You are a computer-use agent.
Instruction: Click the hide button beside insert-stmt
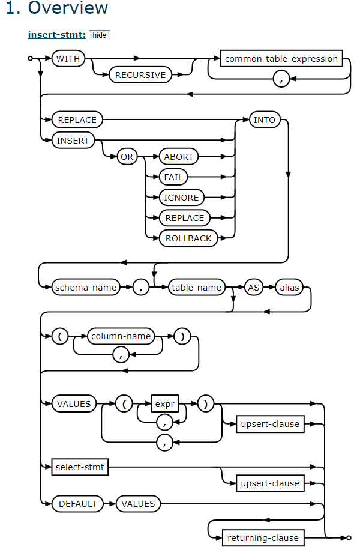pos(100,35)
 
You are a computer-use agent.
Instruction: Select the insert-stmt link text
pos(56,35)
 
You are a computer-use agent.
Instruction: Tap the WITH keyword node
pos(69,59)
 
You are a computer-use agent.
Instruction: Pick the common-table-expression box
pos(281,59)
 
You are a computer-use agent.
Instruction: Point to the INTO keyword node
pos(264,120)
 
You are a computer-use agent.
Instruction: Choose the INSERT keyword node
pos(73,141)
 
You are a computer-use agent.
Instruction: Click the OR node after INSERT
pos(128,157)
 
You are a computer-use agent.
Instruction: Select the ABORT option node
pos(178,157)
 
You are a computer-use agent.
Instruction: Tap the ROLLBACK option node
pos(188,238)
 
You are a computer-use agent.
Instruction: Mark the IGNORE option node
pos(181,198)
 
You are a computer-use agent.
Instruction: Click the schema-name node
pos(86,288)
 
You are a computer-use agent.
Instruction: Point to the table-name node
pos(197,288)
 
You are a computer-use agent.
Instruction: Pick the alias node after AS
pos(289,288)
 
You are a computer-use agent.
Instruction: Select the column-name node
pos(121,336)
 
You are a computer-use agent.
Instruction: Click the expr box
pos(164,404)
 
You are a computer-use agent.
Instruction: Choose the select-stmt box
pos(80,467)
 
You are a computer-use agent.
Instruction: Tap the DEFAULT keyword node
pos(77,504)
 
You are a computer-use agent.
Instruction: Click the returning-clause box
pos(263,538)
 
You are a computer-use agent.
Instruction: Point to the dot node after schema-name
pos(142,288)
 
